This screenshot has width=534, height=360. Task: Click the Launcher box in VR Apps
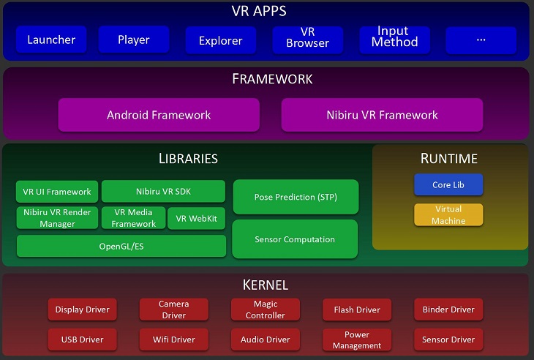click(51, 40)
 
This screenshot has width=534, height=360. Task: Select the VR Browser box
click(307, 39)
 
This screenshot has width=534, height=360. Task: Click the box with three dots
click(481, 40)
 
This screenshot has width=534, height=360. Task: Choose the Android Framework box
click(159, 115)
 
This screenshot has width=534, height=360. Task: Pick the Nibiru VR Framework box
click(382, 115)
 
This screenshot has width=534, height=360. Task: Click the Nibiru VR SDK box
click(163, 192)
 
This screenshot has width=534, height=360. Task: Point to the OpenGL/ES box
click(121, 247)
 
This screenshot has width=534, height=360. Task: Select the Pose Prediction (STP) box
click(296, 197)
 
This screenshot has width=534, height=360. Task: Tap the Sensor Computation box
click(295, 239)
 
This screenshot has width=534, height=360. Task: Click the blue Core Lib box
click(448, 185)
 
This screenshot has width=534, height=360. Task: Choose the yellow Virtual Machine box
click(448, 215)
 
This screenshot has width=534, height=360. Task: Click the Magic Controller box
click(266, 310)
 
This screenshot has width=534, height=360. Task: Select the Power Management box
click(357, 340)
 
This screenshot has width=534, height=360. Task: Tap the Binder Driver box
click(448, 310)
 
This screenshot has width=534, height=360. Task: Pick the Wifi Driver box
click(173, 340)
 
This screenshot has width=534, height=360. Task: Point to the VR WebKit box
click(197, 218)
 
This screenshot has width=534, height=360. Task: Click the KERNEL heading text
click(266, 285)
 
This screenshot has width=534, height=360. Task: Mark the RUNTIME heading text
click(448, 158)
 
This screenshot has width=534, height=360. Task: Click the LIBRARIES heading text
click(188, 158)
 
